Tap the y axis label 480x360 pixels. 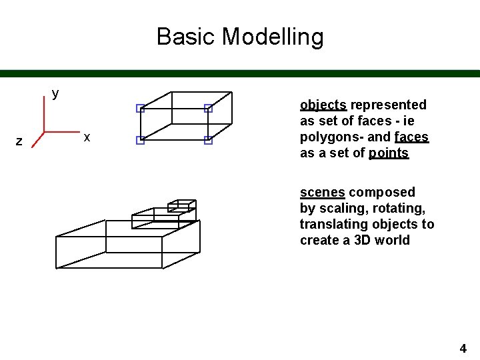click(55, 93)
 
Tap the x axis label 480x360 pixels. click(87, 137)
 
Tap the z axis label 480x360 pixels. click(19, 141)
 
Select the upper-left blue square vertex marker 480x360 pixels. click(140, 108)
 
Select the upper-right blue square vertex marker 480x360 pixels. click(208, 108)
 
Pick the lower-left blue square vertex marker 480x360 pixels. click(140, 140)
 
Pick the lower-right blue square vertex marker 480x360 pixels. click(208, 140)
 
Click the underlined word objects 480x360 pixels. click(323, 105)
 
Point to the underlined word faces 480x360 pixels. click(411, 137)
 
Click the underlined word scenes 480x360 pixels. click(323, 193)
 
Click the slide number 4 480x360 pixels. click(463, 348)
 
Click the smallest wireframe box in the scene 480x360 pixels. click(181, 205)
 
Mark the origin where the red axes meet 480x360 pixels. click(44, 131)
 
